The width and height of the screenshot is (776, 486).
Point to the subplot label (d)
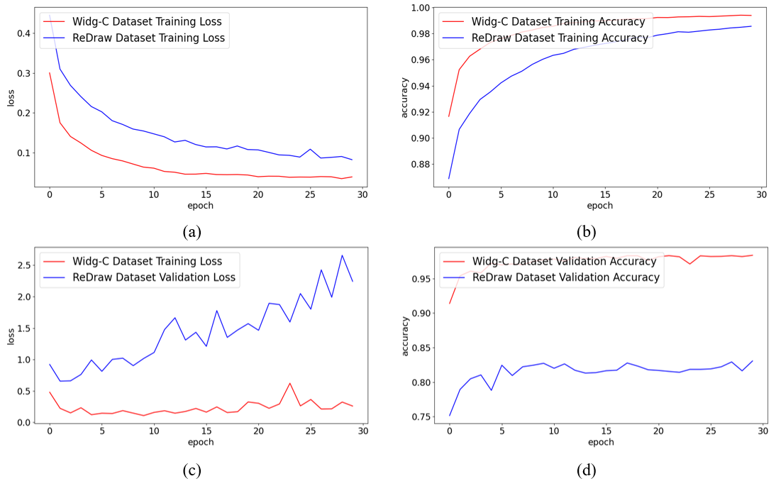[x=586, y=470]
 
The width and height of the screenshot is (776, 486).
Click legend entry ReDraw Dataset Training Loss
[x=148, y=38]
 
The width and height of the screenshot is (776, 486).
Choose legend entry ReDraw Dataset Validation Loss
[x=153, y=277]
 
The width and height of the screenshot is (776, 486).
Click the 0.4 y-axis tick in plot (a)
[x=23, y=33]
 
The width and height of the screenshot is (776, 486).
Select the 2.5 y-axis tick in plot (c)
[x=23, y=265]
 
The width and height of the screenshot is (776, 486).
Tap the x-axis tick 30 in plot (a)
[x=362, y=195]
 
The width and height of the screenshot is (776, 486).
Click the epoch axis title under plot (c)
[x=201, y=443]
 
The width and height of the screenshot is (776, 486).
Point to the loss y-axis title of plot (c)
[x=11, y=336]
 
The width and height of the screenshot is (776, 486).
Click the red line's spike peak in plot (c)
[x=289, y=383]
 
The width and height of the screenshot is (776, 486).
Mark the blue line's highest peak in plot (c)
[x=342, y=255]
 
